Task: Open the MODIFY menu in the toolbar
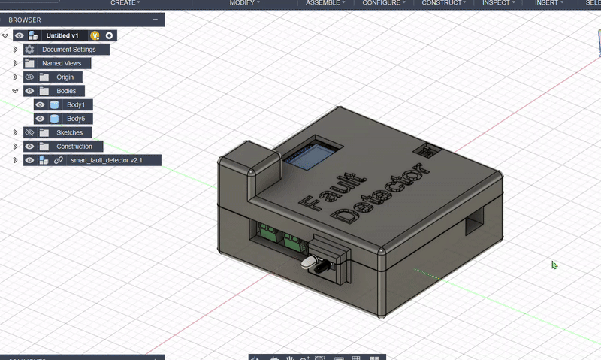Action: pyautogui.click(x=241, y=3)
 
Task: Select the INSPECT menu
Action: pyautogui.click(x=497, y=3)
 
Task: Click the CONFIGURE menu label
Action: pyautogui.click(x=381, y=3)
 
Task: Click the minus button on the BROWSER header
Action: pyautogui.click(x=154, y=20)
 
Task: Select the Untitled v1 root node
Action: pyautogui.click(x=62, y=35)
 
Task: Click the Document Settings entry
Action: pyautogui.click(x=68, y=50)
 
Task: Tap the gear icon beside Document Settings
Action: pyautogui.click(x=30, y=50)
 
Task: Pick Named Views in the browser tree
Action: pyautogui.click(x=62, y=63)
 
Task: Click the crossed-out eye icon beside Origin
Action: pyautogui.click(x=30, y=77)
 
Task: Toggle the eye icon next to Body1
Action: pyautogui.click(x=41, y=105)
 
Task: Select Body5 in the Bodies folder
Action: pyautogui.click(x=76, y=119)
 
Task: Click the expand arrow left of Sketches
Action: pyautogui.click(x=15, y=132)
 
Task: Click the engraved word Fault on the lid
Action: pyautogui.click(x=331, y=187)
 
